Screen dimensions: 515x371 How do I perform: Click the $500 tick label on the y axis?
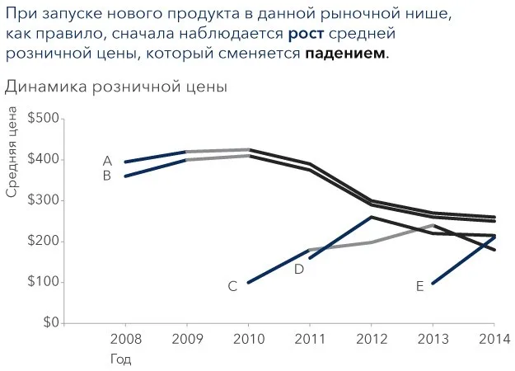[43, 118]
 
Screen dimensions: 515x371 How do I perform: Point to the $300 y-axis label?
[43, 200]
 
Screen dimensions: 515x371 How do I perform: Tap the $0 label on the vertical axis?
[51, 322]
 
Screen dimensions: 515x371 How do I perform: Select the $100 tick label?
[43, 282]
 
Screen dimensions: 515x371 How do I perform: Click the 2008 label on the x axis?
[125, 339]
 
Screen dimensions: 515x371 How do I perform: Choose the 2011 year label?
[310, 339]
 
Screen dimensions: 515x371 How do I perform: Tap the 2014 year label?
[494, 339]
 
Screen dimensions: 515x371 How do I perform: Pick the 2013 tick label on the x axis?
[433, 339]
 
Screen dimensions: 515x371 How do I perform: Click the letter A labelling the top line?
[107, 161]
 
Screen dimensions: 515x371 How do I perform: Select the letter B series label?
[107, 176]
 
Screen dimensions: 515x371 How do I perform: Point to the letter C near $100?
[232, 286]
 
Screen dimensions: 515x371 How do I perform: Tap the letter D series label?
[299, 270]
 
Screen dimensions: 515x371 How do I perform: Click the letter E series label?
[419, 287]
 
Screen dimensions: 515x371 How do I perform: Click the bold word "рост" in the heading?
[306, 34]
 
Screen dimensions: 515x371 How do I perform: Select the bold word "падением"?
[345, 53]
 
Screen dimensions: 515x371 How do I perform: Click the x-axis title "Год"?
[121, 359]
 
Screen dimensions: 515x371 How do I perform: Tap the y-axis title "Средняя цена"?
[12, 152]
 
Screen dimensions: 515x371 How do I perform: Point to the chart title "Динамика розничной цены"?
[116, 87]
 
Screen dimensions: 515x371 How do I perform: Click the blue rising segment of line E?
[463, 260]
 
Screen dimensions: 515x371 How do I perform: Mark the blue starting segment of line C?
[279, 266]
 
